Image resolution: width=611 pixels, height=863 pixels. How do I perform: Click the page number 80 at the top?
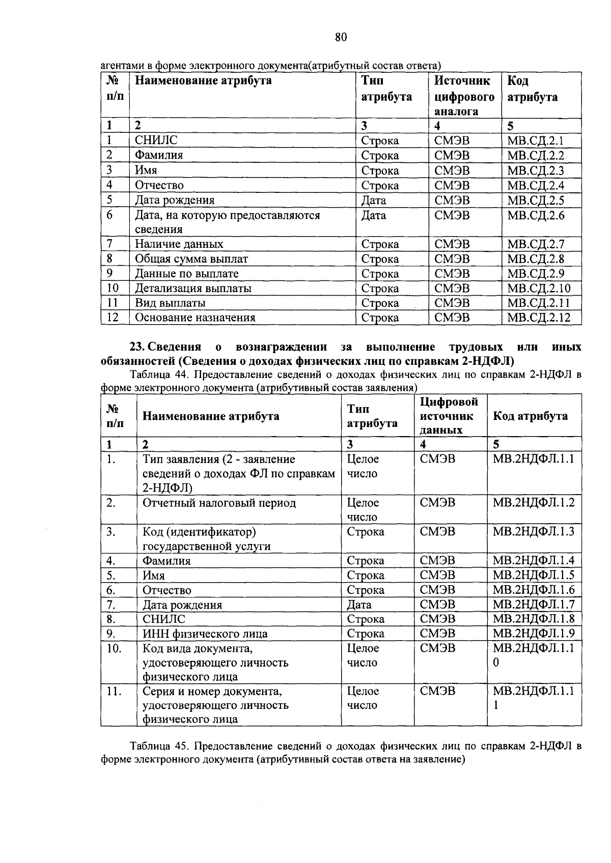point(341,37)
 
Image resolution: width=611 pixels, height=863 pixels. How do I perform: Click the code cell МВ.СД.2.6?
point(536,215)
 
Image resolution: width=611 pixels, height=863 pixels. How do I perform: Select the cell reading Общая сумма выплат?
point(191,259)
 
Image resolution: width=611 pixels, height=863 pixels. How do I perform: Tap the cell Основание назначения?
point(195,318)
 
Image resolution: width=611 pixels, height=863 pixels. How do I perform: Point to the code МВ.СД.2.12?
point(539,318)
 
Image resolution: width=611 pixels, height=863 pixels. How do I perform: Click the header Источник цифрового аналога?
point(464,96)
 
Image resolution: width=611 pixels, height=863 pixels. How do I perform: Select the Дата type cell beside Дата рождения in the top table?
point(374,200)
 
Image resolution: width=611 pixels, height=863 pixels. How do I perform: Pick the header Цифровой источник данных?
point(449,416)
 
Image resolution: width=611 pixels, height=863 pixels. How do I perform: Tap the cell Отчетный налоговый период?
point(219,503)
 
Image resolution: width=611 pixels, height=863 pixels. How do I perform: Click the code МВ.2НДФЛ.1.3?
point(533,532)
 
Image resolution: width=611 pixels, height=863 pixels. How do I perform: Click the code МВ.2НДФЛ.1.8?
point(533,619)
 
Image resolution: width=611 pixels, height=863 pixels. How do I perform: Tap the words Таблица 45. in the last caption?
point(160,746)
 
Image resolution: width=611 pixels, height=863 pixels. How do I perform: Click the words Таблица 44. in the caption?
point(160,376)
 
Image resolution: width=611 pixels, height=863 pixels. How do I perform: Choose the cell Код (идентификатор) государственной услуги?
point(206,539)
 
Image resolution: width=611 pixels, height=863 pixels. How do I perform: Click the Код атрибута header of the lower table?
point(530,416)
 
